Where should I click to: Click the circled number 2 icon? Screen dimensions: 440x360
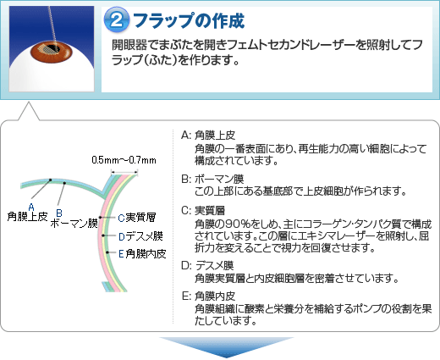coord(116,20)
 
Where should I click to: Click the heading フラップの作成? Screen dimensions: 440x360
coord(189,20)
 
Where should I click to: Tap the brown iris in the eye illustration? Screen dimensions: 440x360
coord(52,50)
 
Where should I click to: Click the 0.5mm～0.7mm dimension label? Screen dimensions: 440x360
coord(124,160)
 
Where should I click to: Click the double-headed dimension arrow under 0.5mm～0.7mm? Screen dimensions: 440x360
coord(124,171)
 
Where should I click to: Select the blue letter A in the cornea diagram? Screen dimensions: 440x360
coord(31,208)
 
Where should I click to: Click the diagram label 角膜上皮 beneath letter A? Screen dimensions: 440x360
coord(27,217)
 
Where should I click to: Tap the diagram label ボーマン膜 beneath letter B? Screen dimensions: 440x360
coord(74,224)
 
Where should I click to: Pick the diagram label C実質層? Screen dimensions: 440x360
coord(136,218)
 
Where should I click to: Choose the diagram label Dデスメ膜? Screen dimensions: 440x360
coord(140,236)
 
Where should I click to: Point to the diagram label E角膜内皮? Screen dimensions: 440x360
coord(142,254)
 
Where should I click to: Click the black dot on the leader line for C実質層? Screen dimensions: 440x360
coord(100,218)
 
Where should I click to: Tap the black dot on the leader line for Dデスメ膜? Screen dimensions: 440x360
coord(103,235)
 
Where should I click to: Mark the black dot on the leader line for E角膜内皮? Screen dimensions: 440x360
coord(107,252)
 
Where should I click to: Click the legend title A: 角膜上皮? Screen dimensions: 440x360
coord(208,136)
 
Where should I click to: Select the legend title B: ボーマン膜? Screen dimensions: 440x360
coord(212,179)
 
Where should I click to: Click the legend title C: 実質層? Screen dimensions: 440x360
coord(203,210)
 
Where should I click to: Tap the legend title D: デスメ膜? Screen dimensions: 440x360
coord(207,265)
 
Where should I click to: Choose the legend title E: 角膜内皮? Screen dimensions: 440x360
coord(209,296)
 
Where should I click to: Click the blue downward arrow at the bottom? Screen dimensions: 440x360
coord(227,346)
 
